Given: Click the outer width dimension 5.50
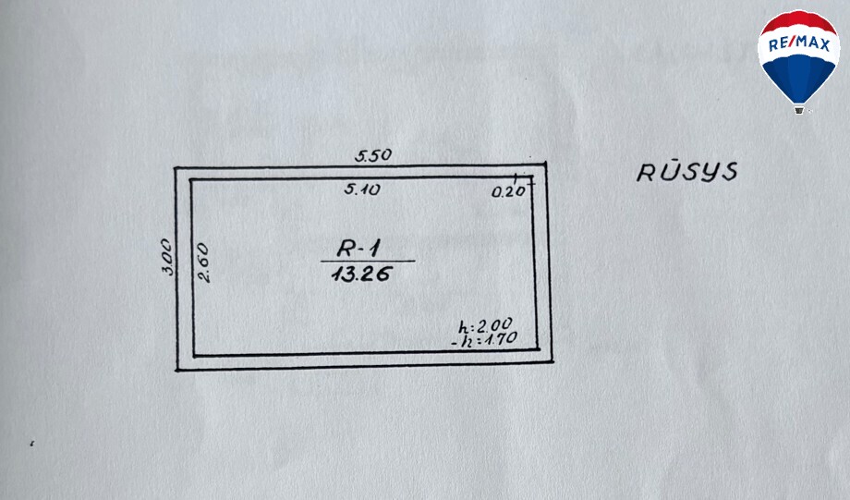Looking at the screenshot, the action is click(x=373, y=155).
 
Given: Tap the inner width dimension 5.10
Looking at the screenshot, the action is click(x=362, y=189).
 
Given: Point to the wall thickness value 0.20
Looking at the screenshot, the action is click(x=508, y=191).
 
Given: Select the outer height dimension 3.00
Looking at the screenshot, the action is click(x=168, y=257).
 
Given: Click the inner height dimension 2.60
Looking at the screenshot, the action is click(x=202, y=262).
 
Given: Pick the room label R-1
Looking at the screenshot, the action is click(x=358, y=249).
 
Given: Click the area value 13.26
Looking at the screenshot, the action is click(x=361, y=274).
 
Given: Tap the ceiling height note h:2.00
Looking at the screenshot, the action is click(x=485, y=325).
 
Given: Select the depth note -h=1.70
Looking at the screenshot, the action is click(x=484, y=339).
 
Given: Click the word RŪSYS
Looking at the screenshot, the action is click(x=686, y=171).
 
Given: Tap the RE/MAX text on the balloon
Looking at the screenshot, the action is click(x=799, y=44).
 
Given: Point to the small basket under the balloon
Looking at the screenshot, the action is click(x=799, y=110).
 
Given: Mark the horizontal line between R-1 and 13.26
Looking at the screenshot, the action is click(x=368, y=262).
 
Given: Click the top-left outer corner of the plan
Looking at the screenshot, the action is click(x=176, y=168).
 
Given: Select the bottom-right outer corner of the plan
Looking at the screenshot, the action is click(x=552, y=361).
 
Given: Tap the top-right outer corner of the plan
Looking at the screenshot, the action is click(x=545, y=163).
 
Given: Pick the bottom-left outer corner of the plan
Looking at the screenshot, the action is click(x=177, y=370).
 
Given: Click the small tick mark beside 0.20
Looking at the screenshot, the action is click(x=515, y=177).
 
